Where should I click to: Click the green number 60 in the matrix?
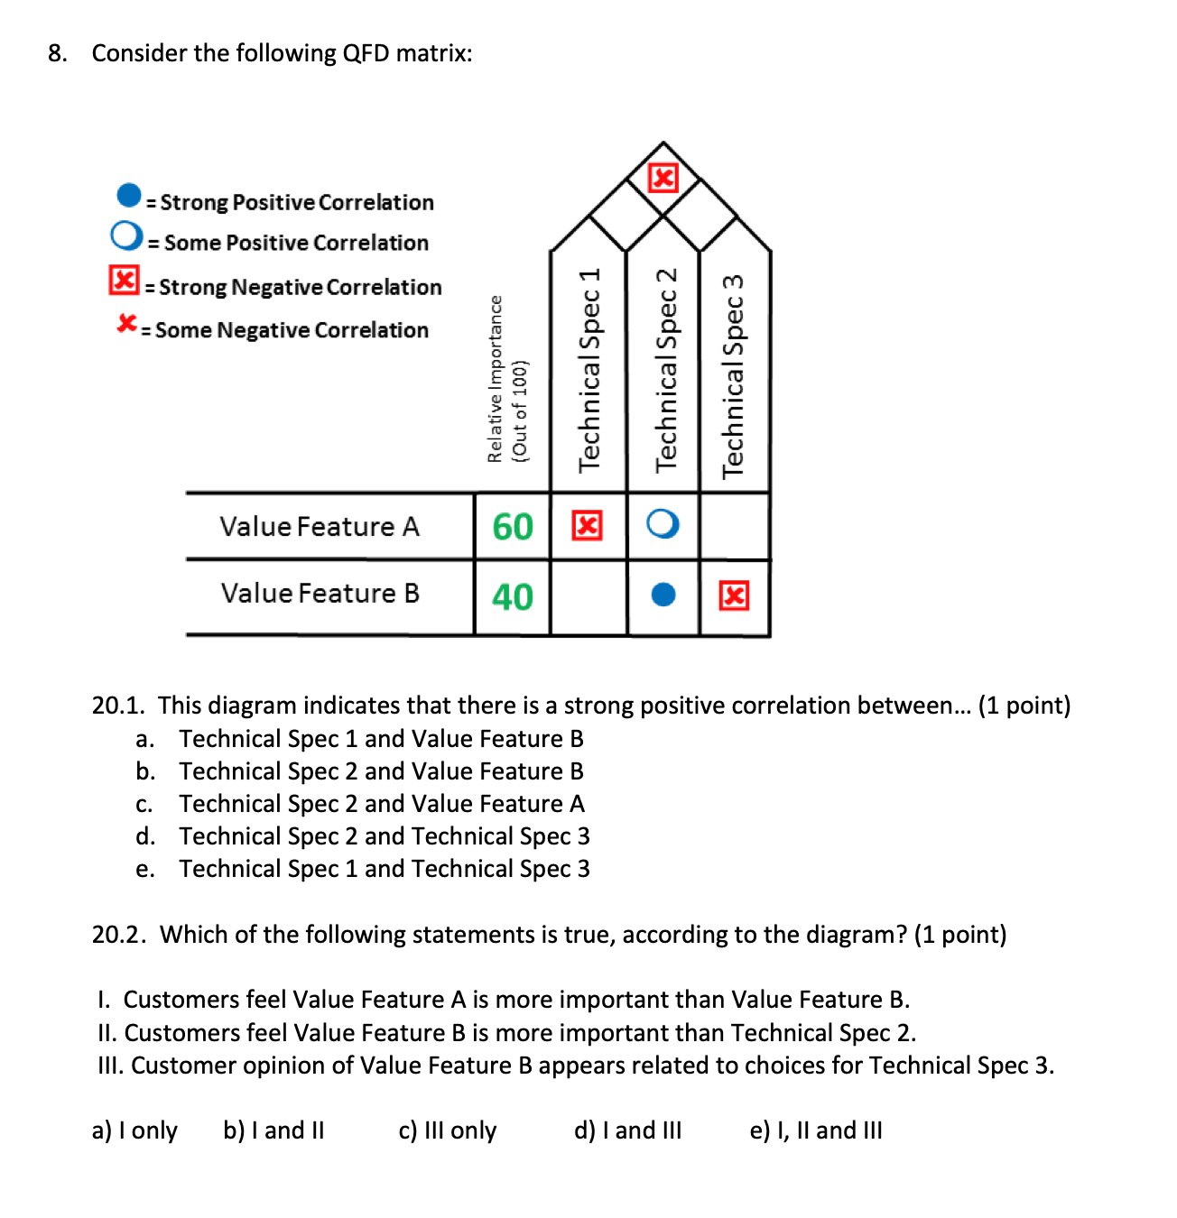(512, 527)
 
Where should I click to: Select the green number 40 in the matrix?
(512, 597)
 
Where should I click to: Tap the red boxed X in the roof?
(663, 178)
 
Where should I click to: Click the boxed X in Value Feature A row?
(587, 525)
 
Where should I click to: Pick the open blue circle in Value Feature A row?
(663, 524)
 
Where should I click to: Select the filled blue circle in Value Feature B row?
(663, 595)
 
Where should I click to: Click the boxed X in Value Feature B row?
(734, 595)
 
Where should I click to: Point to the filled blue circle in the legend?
(129, 195)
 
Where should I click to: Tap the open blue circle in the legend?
(126, 236)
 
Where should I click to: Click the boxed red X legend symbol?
(125, 281)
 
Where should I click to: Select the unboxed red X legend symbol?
(127, 323)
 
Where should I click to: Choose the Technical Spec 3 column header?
(733, 374)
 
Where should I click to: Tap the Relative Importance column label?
(506, 379)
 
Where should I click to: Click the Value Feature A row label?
(320, 527)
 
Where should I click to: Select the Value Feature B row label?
(320, 594)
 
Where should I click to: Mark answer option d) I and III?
(627, 1130)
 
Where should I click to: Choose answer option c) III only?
(447, 1130)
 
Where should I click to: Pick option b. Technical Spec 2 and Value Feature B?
(380, 771)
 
